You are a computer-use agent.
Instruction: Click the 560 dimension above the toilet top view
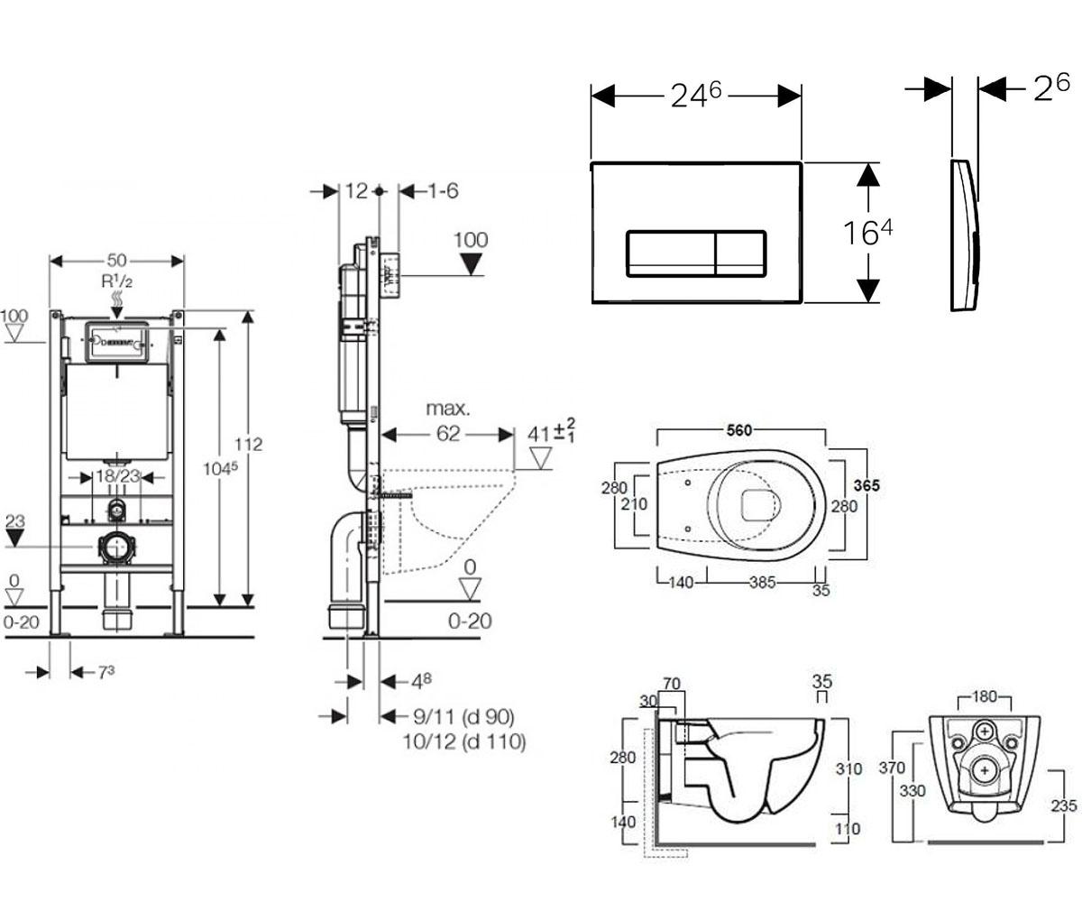739,430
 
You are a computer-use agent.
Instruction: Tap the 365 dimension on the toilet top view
867,485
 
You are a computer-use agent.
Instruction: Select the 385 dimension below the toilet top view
762,583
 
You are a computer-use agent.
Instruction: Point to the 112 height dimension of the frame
248,445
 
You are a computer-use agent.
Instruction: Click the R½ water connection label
117,281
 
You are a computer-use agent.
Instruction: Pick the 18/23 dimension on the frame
118,476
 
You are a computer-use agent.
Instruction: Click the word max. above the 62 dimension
448,409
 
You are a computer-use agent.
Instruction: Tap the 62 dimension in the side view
448,433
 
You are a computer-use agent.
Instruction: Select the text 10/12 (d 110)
464,741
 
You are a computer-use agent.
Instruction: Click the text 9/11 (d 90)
463,717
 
